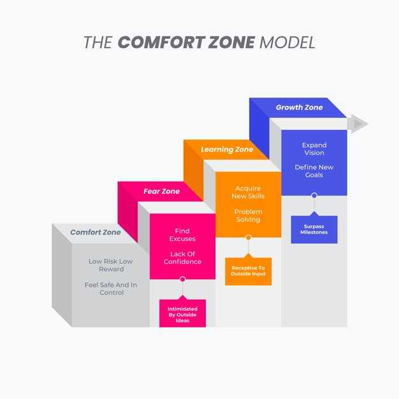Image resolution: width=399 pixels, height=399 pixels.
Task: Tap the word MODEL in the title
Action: coord(287,42)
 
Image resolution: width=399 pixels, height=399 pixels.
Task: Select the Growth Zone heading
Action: coord(300,107)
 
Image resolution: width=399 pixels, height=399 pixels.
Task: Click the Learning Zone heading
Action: coord(227,149)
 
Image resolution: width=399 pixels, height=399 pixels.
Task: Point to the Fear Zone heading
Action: coord(162,191)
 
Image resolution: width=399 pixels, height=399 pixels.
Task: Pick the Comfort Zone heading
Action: coord(96,232)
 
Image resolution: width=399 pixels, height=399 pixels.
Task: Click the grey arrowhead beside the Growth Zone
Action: coord(358,124)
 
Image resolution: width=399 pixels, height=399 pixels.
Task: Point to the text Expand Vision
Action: coord(314,149)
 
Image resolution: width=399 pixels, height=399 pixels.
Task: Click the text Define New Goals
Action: coord(314,171)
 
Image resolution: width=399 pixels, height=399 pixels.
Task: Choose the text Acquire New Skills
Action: coord(248,192)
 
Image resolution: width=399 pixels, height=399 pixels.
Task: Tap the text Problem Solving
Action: coord(248,215)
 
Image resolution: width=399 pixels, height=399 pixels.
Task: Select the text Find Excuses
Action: coord(182,235)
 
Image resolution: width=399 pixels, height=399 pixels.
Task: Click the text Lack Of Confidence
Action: coord(182,258)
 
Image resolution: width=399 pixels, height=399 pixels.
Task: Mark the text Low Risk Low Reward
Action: coord(111,265)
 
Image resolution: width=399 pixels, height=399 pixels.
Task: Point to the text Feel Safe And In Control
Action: coord(111,289)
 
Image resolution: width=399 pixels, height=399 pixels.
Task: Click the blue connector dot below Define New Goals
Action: coord(314,196)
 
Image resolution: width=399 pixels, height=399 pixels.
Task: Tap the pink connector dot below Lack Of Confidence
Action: coord(182,279)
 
